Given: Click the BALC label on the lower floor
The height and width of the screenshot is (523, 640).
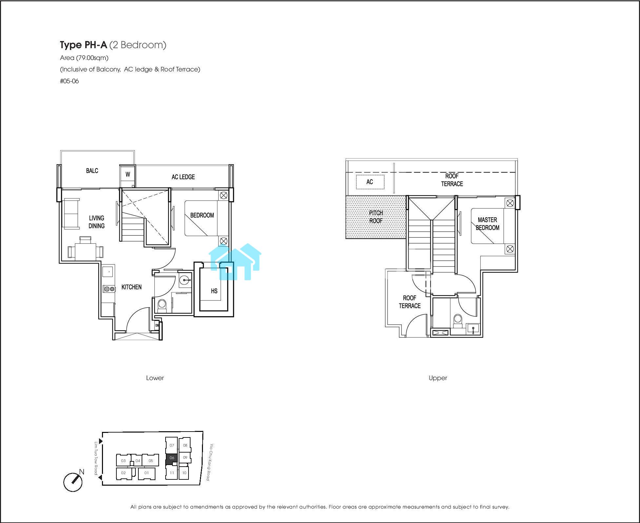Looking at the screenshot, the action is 92,171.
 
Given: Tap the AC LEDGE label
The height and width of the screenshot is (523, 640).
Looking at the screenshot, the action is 183,177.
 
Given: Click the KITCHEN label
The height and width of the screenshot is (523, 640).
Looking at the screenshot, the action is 131,287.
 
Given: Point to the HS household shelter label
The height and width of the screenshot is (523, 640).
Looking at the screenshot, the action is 214,291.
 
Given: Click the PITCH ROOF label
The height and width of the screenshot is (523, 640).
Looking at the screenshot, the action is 376,217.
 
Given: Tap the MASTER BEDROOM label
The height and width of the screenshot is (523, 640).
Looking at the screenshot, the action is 488,224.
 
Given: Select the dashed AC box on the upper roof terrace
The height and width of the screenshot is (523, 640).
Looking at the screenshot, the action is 370,182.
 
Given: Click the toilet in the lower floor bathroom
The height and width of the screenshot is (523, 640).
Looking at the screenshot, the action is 162,305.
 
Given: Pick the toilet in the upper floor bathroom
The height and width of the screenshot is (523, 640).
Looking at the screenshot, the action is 457,321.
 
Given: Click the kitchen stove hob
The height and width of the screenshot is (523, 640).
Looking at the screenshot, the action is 109,289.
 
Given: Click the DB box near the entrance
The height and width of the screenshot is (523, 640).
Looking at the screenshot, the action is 157,325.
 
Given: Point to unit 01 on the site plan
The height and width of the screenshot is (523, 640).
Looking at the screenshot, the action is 147,473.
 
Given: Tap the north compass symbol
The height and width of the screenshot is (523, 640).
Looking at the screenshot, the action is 73,481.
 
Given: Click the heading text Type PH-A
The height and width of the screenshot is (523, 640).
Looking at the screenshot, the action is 84,45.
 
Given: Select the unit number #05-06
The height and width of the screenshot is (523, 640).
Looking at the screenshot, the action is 70,81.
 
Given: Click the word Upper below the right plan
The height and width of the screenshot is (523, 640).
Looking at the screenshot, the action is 438,378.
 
